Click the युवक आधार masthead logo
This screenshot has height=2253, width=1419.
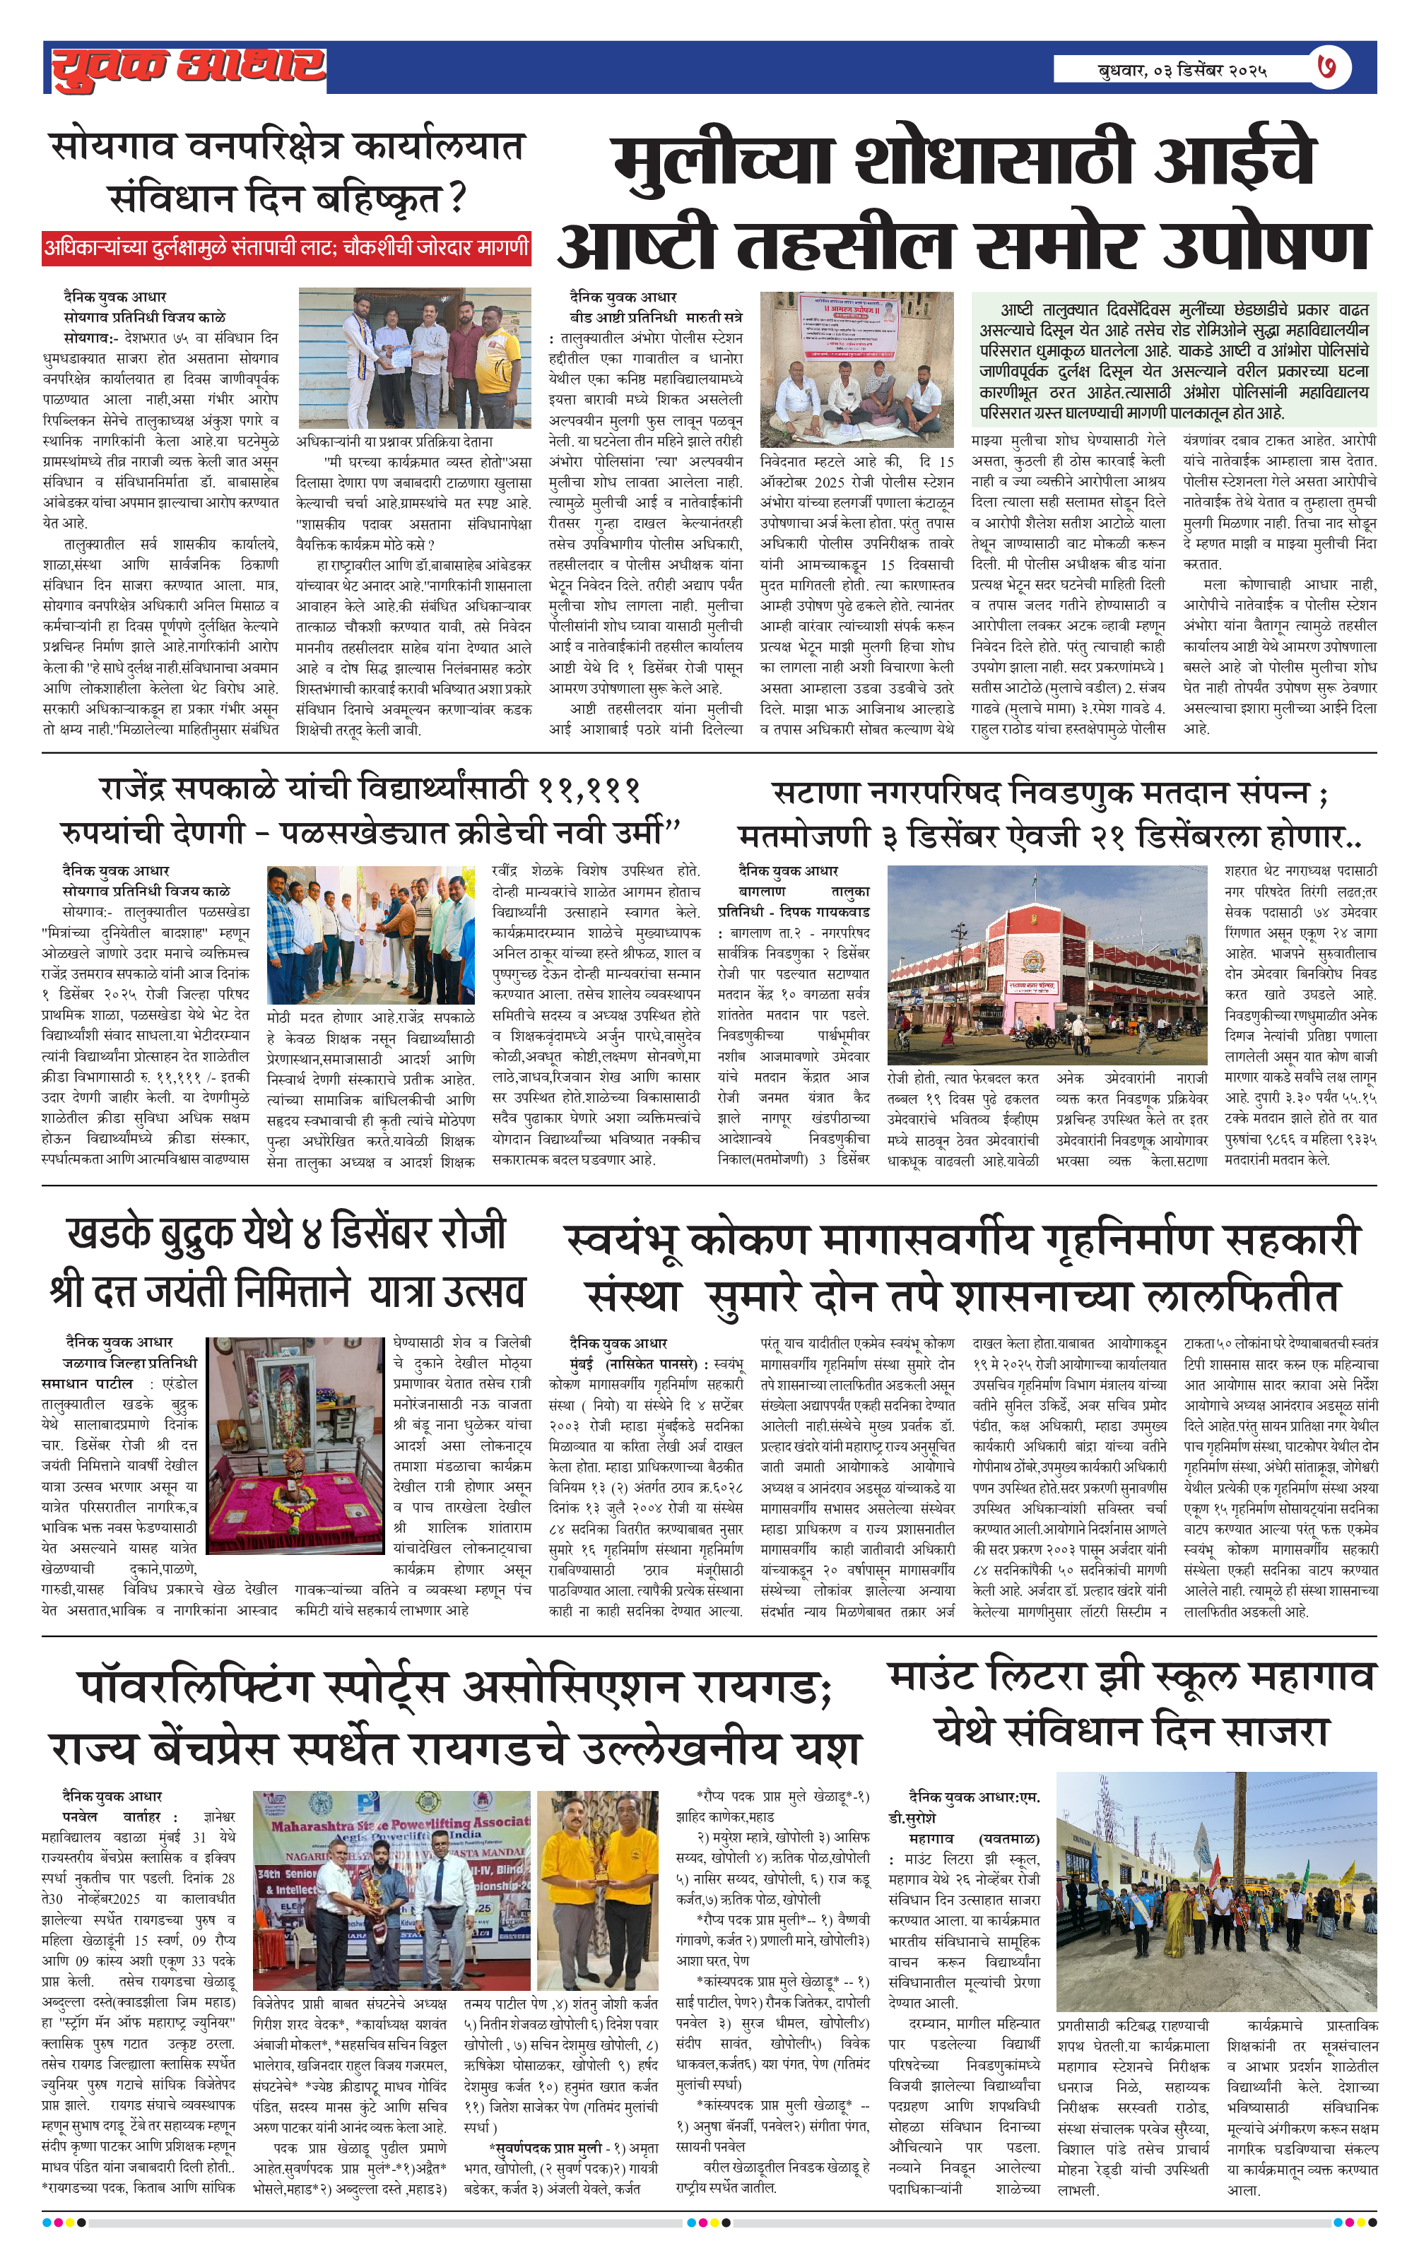(187, 67)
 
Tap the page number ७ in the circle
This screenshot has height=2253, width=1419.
(1330, 67)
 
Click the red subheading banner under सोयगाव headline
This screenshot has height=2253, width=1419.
(286, 248)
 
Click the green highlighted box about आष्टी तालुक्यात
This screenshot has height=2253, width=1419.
(1173, 360)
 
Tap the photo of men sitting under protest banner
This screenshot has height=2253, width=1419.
(856, 369)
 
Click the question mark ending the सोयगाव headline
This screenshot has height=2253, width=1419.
(457, 199)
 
